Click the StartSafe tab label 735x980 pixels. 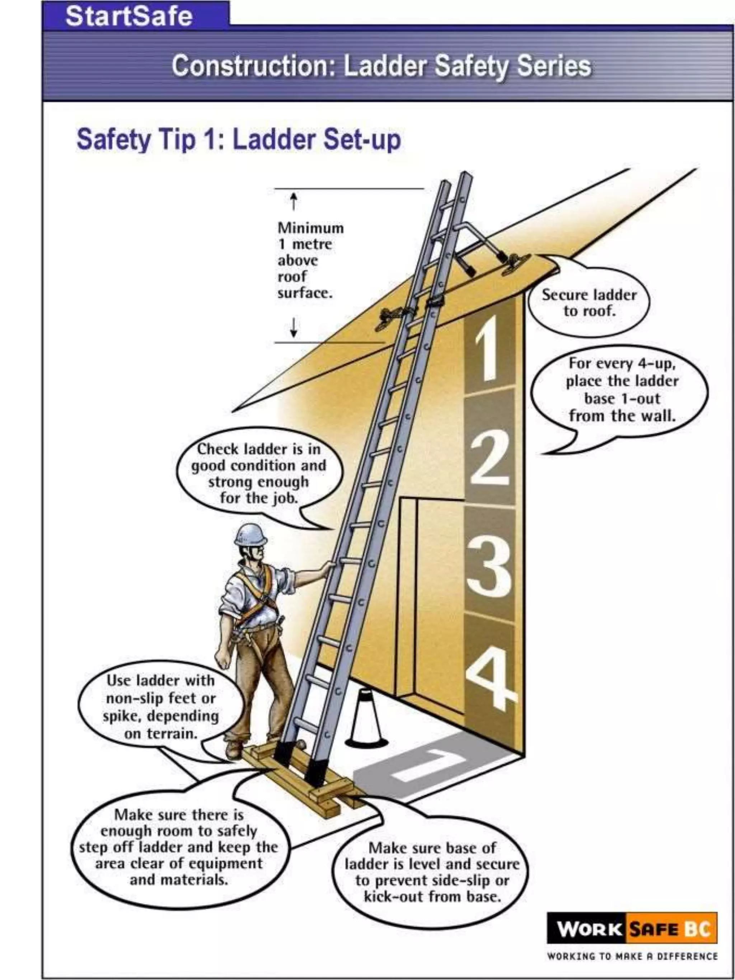(x=128, y=17)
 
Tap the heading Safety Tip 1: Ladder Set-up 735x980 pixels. (x=239, y=139)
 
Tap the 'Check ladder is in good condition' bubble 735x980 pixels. (x=259, y=474)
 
